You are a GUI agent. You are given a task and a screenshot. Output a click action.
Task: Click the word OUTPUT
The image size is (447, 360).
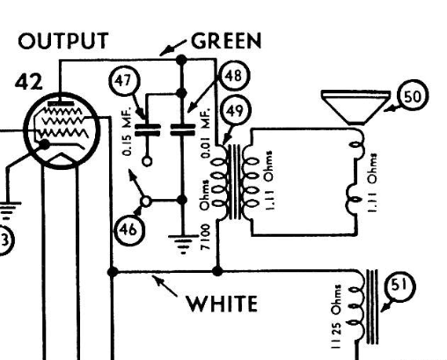63,40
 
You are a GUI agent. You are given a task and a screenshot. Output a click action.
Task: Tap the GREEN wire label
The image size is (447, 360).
226,40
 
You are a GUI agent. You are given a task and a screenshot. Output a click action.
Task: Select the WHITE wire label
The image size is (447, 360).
222,304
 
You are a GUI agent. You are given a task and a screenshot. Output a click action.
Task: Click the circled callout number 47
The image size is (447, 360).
124,80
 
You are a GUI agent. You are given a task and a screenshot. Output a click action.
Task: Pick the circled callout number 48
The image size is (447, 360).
233,76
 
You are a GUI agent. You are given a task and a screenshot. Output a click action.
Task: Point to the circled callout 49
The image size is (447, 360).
234,111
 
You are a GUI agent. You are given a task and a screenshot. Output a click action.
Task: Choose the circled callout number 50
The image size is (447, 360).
413,96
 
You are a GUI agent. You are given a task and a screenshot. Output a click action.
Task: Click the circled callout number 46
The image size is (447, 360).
129,230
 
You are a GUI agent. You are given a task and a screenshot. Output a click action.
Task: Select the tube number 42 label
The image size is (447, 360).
29,82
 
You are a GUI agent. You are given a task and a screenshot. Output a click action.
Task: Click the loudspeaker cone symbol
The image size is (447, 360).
356,107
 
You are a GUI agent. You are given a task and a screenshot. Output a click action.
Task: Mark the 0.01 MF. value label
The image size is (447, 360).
206,133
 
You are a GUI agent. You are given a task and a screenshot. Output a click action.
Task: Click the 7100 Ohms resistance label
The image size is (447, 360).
205,215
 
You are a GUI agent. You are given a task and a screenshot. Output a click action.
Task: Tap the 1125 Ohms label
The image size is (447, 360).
336,316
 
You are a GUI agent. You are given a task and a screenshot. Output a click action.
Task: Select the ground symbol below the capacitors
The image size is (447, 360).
183,244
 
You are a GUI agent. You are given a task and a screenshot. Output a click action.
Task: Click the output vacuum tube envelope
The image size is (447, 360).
62,130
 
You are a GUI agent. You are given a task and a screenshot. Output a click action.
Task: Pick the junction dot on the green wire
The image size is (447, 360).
182,60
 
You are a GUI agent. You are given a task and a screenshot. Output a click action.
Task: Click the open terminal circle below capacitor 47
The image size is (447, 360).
147,161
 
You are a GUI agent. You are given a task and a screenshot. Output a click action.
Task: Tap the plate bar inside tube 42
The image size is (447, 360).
61,103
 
